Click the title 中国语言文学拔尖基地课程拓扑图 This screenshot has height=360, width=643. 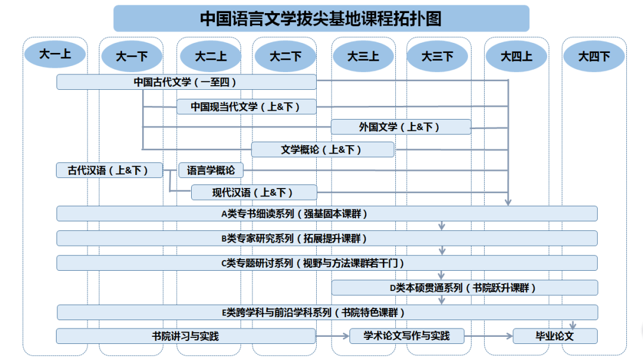(321, 18)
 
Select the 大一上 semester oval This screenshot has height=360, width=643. (55, 54)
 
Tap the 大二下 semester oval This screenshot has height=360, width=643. (285, 56)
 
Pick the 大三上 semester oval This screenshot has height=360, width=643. (363, 56)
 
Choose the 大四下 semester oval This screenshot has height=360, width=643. (594, 56)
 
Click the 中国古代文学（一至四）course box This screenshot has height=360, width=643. (186, 82)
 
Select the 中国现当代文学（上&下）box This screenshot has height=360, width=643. (246, 107)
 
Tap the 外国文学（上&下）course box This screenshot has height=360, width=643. (401, 127)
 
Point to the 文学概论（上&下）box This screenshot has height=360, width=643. (323, 150)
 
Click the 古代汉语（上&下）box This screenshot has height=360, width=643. (110, 170)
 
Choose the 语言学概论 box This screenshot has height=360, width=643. (211, 170)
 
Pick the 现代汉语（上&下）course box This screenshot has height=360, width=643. (254, 192)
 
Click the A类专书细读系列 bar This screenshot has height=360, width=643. (327, 214)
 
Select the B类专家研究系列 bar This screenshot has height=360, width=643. (327, 238)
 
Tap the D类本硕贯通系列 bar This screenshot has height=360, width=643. (464, 288)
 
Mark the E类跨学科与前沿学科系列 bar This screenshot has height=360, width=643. (327, 312)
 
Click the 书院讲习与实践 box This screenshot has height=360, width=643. (186, 336)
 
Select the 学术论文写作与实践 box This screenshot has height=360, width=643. (407, 336)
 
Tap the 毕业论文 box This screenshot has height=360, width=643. (555, 336)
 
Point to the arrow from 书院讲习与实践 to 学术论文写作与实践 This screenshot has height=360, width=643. (333, 336)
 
